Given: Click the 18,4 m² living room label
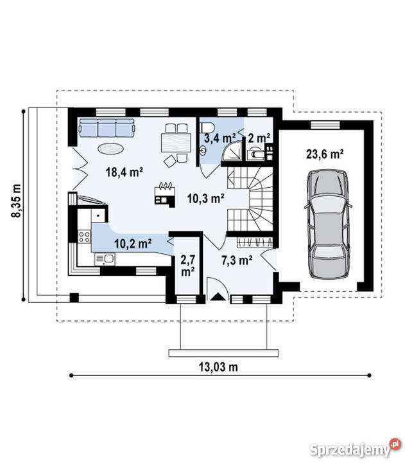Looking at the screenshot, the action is point(125,172).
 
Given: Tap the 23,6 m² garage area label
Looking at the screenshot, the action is point(325,154).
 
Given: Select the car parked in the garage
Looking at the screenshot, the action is point(328,224).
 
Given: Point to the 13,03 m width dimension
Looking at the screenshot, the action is point(218,367).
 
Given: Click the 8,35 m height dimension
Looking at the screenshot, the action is point(16,201).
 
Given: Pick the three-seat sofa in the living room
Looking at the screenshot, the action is point(107,127).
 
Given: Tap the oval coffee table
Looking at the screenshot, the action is point(110,149).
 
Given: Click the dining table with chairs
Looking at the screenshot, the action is point(177,143).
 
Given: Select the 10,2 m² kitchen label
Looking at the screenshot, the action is point(133,244).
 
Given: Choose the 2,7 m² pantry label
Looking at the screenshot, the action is point(188,266).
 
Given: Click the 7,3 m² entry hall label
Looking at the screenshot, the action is point(237,260).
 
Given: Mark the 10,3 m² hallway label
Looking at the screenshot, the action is point(206,199).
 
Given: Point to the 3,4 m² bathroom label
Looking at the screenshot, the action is point(220,138).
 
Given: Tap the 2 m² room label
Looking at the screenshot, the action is point(259,138).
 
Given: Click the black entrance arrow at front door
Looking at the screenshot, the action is point(218,296).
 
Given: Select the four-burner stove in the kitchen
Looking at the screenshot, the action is point(84,237).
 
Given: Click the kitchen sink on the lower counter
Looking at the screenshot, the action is point(105,259).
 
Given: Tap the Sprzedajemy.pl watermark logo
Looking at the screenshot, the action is point(356,449).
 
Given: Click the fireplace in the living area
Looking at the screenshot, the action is point(165,195).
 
